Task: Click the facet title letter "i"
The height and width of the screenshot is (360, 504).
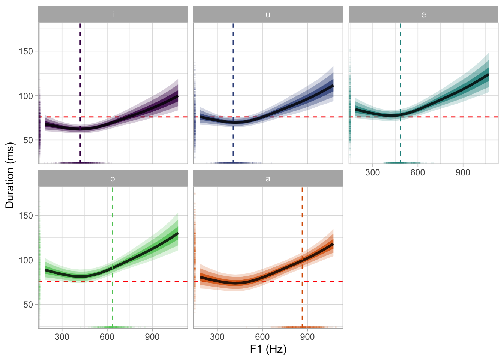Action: click(113, 15)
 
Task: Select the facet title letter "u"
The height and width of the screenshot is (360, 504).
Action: click(268, 15)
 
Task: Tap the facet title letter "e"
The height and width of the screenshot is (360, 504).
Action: click(423, 15)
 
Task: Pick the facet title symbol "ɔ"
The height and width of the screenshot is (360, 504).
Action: click(113, 179)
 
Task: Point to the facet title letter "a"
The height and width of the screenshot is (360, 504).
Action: click(268, 179)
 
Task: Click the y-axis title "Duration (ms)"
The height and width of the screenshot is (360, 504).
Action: click(10, 175)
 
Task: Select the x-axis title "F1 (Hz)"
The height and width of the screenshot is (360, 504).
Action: click(268, 349)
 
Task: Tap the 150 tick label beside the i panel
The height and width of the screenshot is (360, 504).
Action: click(26, 51)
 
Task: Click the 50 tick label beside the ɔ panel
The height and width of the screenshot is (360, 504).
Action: click(28, 304)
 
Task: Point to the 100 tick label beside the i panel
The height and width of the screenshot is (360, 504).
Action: click(26, 96)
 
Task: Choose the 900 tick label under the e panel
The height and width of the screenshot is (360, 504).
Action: click(463, 172)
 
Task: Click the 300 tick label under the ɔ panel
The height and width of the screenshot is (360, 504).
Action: click(62, 337)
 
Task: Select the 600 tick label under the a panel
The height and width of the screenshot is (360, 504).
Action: click(262, 337)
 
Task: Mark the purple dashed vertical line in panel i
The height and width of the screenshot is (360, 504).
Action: click(80, 75)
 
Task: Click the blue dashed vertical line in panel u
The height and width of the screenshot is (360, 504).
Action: click(233, 75)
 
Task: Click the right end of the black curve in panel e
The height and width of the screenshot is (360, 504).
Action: click(488, 75)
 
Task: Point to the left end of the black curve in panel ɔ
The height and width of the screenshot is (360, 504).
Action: click(45, 270)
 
